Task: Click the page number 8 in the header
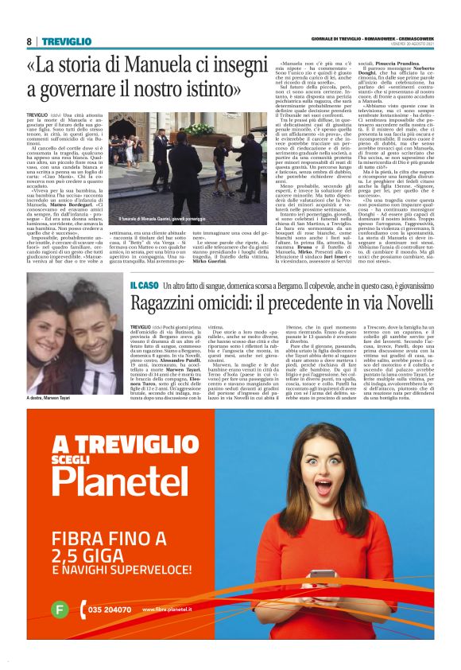click(x=29, y=41)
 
